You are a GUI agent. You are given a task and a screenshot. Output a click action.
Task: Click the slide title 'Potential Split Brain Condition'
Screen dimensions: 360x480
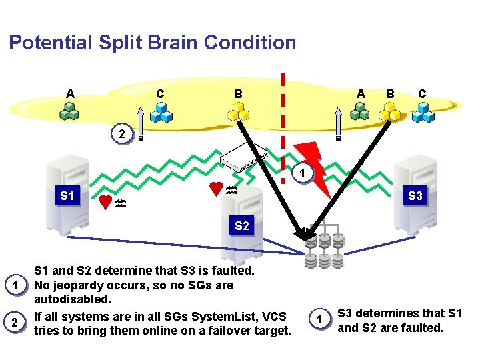[x=152, y=43]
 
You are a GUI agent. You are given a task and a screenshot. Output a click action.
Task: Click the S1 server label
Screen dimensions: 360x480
[x=67, y=196]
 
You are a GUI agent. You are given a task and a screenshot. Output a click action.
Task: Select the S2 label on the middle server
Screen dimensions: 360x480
[x=241, y=226]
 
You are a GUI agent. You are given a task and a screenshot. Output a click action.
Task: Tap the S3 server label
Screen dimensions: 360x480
[x=415, y=196]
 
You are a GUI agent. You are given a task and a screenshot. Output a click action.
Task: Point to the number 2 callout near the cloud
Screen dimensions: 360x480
[x=121, y=134]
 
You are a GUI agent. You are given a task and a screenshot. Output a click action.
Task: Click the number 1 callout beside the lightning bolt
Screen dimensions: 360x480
[x=301, y=174]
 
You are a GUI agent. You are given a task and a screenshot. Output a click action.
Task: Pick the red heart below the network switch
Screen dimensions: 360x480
[x=215, y=189]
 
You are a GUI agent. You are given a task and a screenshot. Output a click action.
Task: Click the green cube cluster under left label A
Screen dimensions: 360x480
[x=69, y=112]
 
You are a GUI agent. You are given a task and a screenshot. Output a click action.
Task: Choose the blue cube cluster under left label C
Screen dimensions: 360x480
[x=160, y=114]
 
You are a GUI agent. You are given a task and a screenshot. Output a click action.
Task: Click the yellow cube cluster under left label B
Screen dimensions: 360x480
[x=238, y=114]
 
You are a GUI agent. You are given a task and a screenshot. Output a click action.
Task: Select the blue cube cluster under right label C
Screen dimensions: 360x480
[x=423, y=114]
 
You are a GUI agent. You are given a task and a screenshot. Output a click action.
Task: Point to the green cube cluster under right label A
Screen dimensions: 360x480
[x=360, y=112]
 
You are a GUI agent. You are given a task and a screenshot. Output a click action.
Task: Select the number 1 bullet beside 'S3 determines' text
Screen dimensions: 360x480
[x=319, y=319]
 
